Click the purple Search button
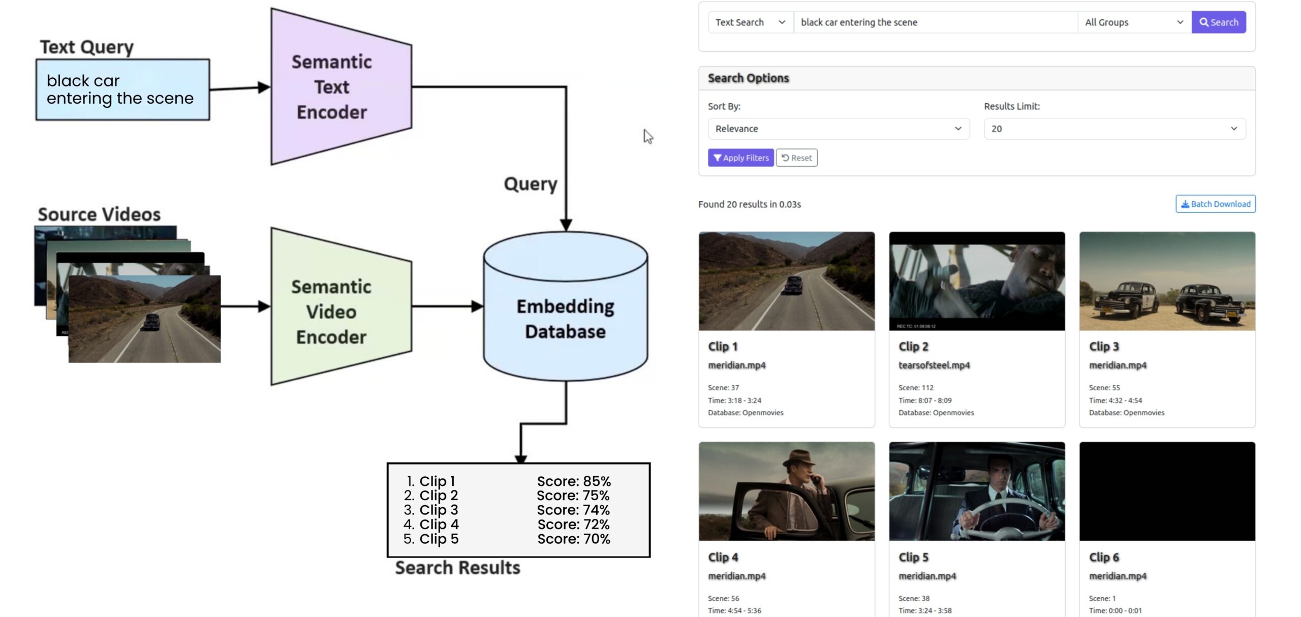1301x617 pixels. point(1218,22)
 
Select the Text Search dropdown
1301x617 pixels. point(750,22)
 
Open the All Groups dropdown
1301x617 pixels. point(1134,22)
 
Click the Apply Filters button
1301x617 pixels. point(740,158)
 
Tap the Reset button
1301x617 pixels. point(796,158)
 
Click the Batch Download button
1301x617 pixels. point(1215,204)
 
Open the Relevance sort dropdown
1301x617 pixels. point(838,129)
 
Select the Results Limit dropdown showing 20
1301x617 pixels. point(1114,129)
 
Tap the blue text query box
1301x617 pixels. point(122,89)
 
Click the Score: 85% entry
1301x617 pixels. point(574,481)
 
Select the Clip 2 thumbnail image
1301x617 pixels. point(977,281)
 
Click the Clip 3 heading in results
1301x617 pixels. point(1104,347)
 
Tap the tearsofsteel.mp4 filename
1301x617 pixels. point(934,365)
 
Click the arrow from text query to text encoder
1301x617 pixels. point(239,88)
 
